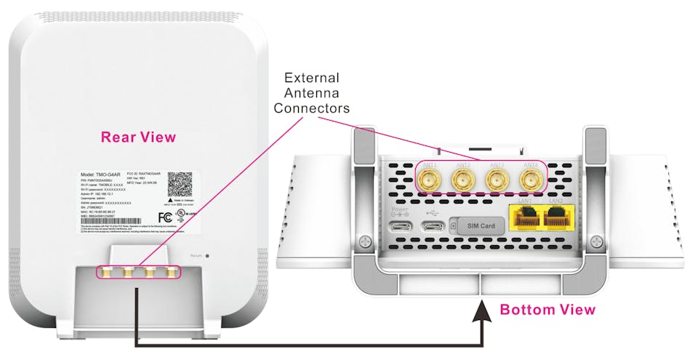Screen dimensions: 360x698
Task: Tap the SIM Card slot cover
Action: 477,226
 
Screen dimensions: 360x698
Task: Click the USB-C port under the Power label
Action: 401,226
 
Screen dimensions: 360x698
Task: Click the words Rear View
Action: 138,137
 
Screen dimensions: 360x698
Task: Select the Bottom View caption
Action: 547,310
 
